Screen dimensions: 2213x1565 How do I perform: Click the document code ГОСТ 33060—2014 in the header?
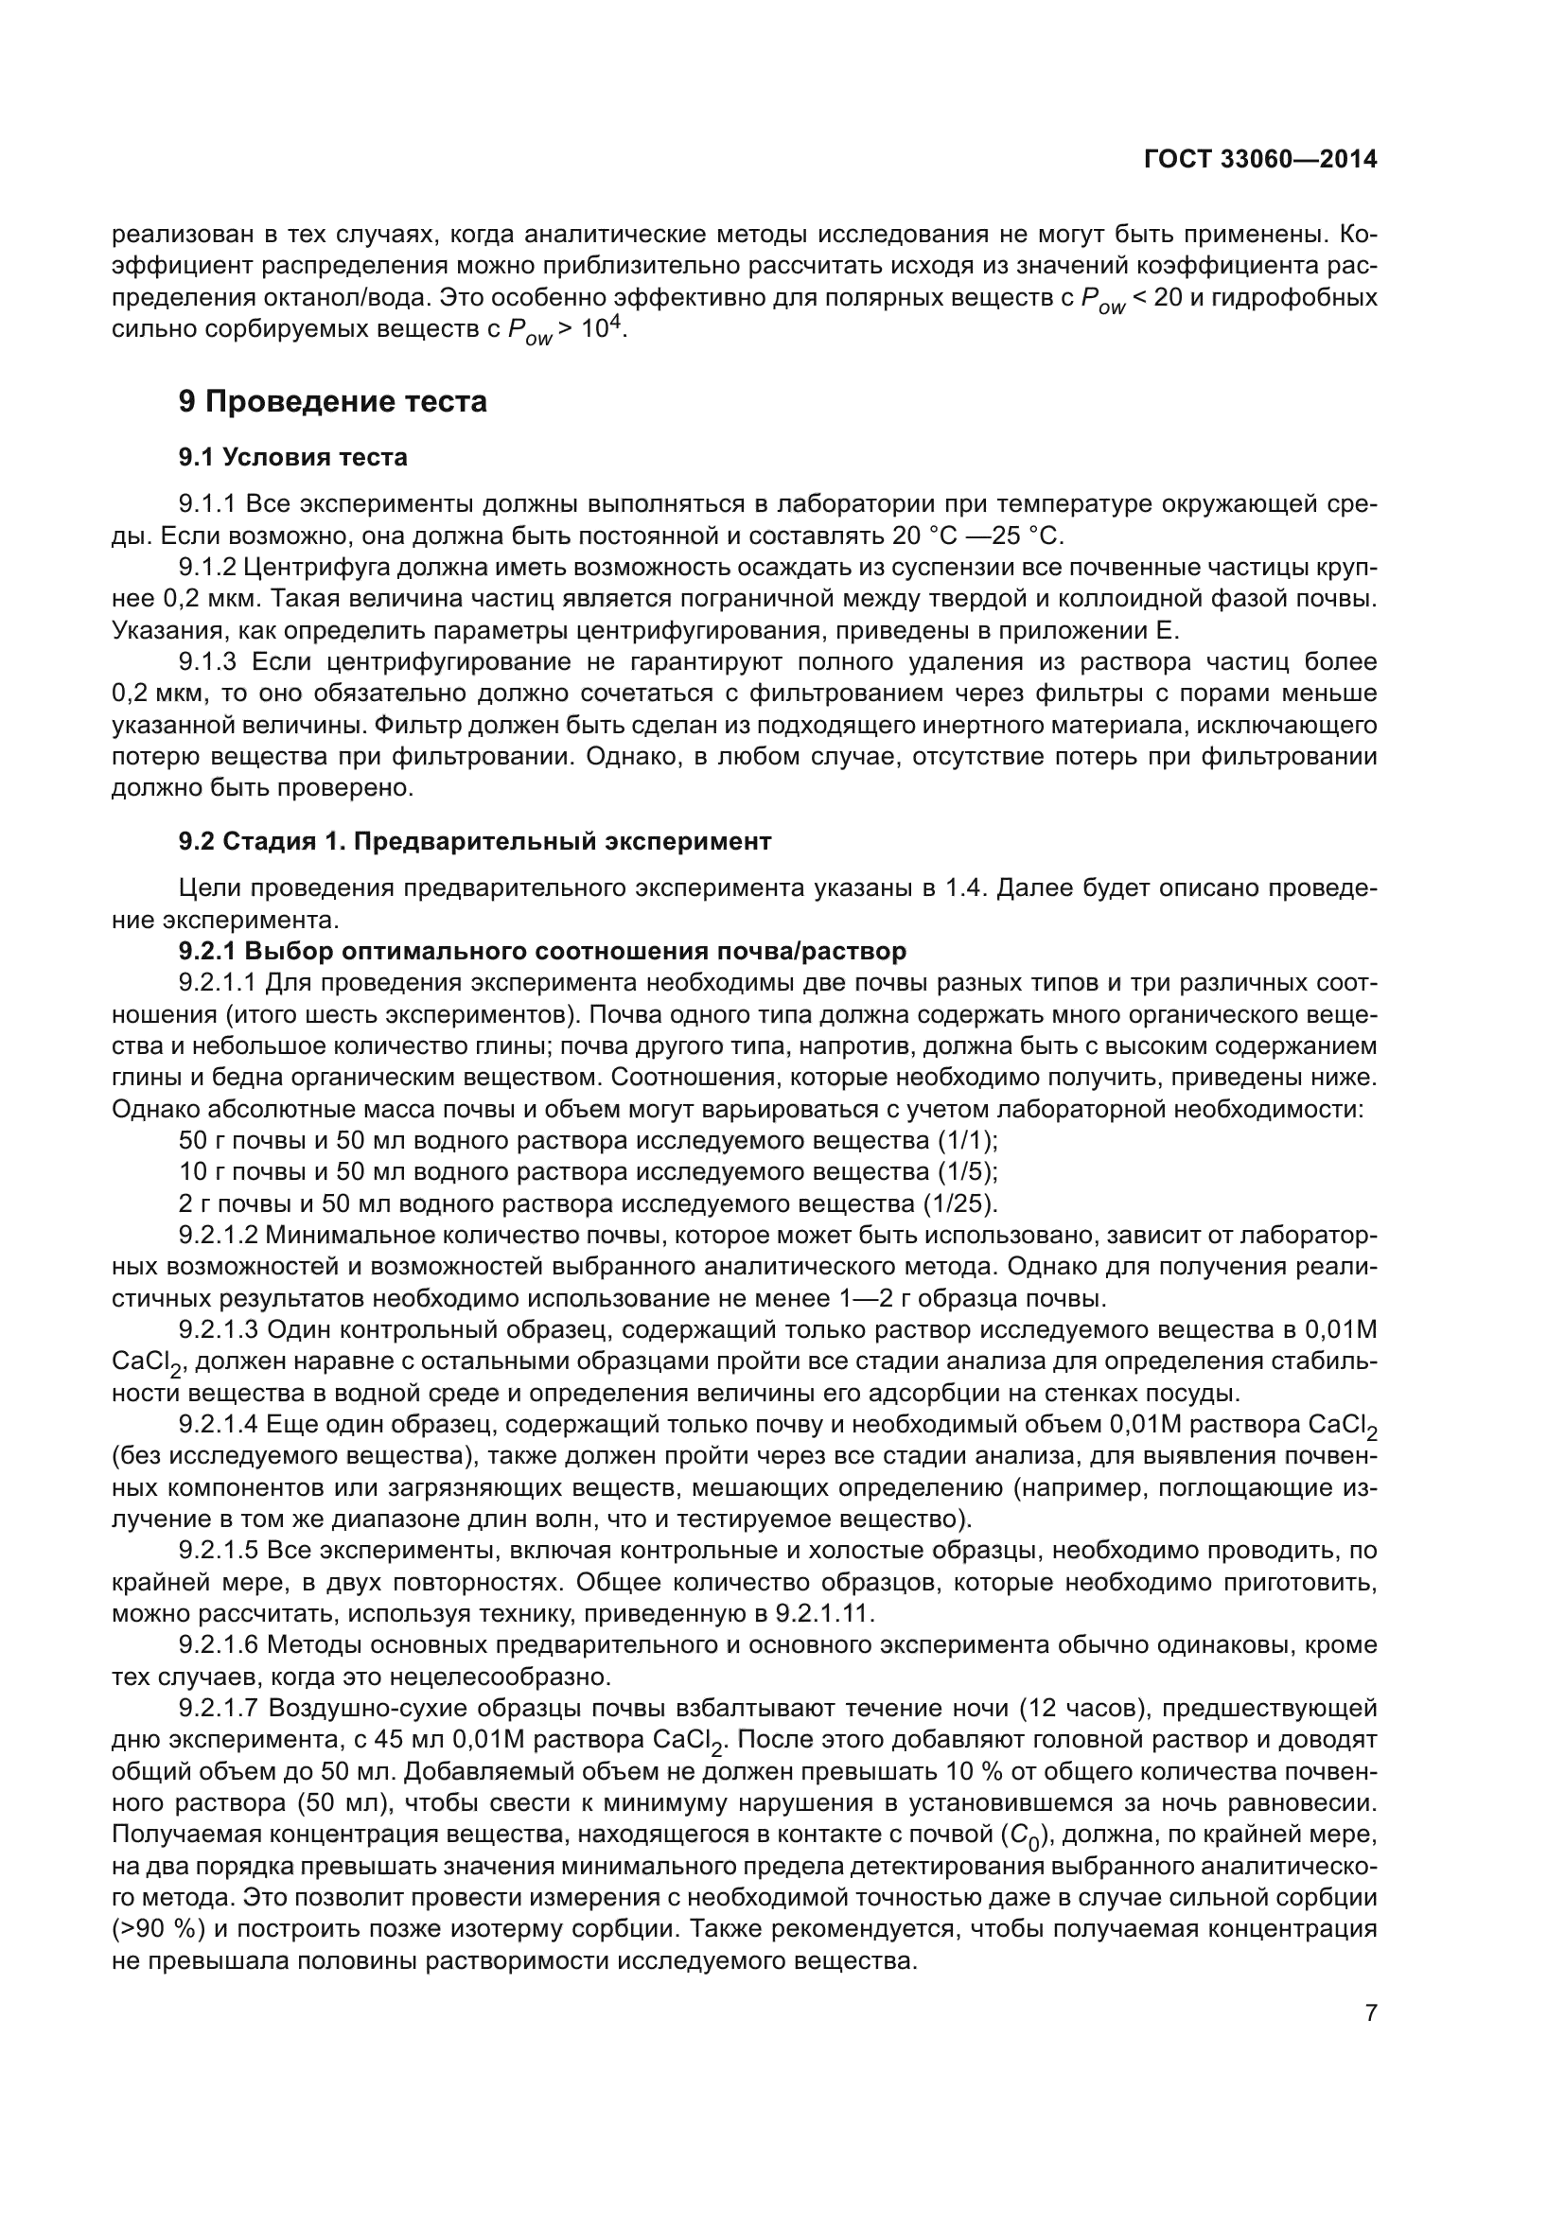pos(1259,160)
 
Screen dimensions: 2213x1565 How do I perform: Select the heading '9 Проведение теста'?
pos(332,402)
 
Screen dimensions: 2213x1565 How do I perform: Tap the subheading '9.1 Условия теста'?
pos(293,458)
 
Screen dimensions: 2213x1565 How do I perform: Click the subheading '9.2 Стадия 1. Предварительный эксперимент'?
pos(475,841)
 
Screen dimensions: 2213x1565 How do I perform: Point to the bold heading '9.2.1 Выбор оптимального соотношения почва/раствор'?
pos(542,951)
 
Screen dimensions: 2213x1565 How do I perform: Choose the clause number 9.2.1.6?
pos(219,1645)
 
